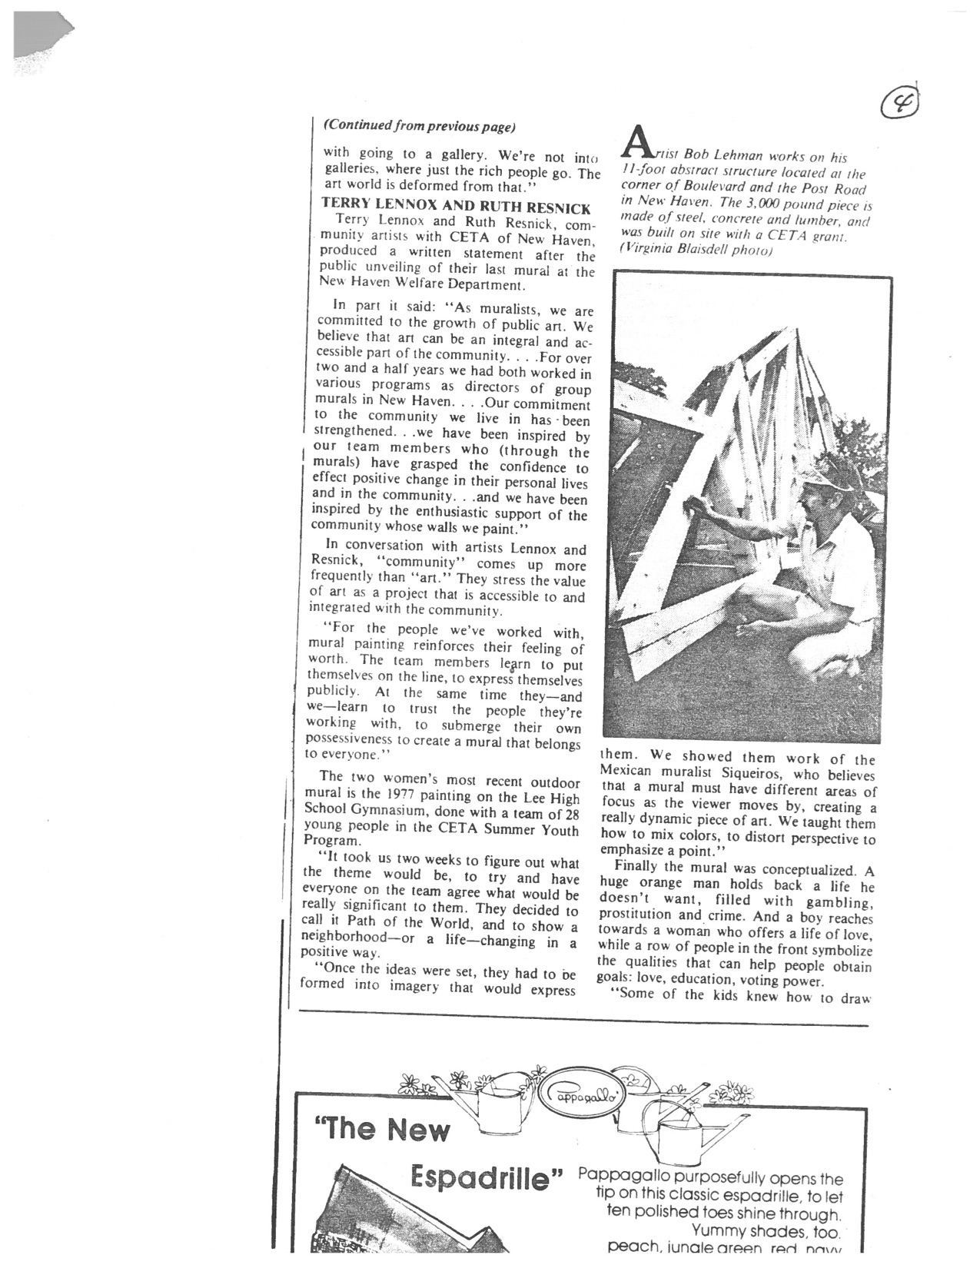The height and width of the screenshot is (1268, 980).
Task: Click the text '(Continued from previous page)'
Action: tap(419, 125)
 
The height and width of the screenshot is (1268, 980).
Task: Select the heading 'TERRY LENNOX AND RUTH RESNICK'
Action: tap(456, 207)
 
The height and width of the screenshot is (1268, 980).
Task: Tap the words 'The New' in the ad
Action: tap(381, 1128)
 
